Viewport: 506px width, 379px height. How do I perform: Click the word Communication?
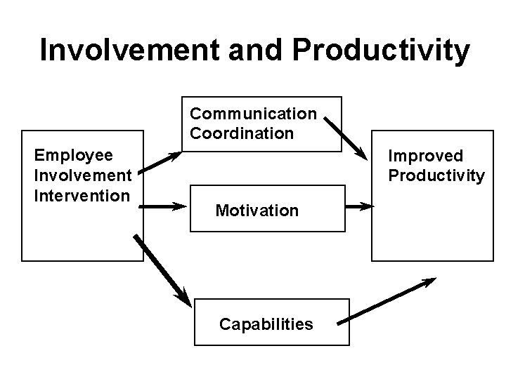253,114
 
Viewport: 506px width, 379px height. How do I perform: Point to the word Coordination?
241,133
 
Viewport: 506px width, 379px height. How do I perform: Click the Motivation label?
257,210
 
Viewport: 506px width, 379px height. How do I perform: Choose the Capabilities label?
266,324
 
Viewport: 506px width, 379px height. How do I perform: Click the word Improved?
426,155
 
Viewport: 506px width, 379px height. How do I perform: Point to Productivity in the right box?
436,175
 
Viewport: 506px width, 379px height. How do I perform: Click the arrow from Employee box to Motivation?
161,207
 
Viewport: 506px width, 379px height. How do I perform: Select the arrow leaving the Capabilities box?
387,301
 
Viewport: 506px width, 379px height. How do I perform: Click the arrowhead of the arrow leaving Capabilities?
427,283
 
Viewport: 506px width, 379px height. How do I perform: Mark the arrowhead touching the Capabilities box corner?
183,298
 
